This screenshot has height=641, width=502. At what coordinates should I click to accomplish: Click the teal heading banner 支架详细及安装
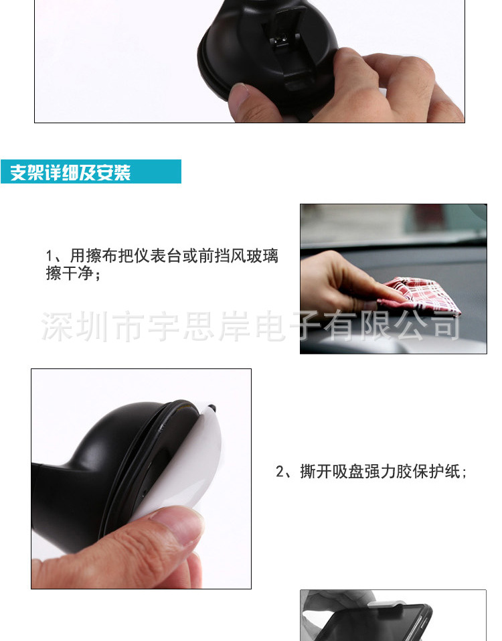[x=90, y=171]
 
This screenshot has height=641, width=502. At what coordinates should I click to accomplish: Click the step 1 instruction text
[x=162, y=265]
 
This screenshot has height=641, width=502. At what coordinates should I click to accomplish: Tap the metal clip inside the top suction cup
[x=280, y=41]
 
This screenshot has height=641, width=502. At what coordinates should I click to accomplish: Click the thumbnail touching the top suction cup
[x=238, y=93]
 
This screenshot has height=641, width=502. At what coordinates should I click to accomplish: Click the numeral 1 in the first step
[x=50, y=257]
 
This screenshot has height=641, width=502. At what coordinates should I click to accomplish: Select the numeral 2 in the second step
[x=280, y=472]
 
